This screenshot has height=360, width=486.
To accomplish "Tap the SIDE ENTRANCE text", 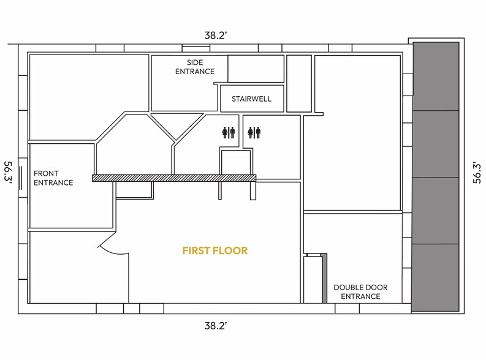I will (x=195, y=67).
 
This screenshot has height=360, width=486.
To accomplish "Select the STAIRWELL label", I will (x=251, y=99).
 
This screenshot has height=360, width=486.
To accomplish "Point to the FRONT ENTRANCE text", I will (x=53, y=178).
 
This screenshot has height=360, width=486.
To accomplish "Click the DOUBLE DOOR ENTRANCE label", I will (x=360, y=291).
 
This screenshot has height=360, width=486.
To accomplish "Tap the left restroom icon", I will (x=228, y=132).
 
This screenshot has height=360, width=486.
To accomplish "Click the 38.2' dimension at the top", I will (x=216, y=36).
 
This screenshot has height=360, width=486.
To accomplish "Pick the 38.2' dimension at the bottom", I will (x=216, y=326).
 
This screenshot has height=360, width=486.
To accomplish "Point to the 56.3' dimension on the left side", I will (x=9, y=176).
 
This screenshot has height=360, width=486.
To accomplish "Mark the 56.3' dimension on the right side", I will (x=477, y=176).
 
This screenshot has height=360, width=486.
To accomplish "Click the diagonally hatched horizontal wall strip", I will (x=173, y=178).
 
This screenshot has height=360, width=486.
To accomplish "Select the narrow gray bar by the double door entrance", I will (x=325, y=278).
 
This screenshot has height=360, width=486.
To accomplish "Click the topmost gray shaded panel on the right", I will (x=436, y=76).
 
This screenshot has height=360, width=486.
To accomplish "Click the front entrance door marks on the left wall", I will (x=21, y=176).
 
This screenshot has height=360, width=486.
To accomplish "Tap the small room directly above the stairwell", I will (x=256, y=68).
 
